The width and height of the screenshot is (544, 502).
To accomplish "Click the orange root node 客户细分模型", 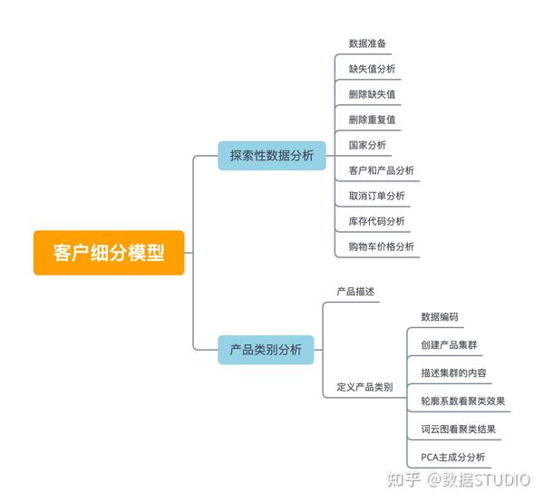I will [x=109, y=253].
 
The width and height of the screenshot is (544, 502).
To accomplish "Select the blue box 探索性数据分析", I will [x=271, y=156].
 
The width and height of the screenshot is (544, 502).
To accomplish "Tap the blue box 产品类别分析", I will [x=266, y=349].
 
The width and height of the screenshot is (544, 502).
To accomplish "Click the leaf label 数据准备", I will [x=368, y=43].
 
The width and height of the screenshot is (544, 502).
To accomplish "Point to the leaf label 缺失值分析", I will [x=372, y=69].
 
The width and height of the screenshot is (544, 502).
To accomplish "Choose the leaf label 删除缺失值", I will [x=372, y=94].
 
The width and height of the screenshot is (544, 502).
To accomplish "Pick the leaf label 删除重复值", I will [x=372, y=120].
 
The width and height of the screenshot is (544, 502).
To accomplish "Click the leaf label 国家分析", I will [x=367, y=145].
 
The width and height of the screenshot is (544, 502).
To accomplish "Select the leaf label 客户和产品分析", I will [x=381, y=170].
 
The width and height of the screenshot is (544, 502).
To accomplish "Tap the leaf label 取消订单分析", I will [x=376, y=196].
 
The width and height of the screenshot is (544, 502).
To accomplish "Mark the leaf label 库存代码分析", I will [x=376, y=221].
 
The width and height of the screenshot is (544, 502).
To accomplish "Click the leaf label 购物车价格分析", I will [x=381, y=246].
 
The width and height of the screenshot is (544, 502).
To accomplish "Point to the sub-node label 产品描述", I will [x=355, y=292].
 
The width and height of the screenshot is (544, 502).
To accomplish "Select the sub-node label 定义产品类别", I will [x=364, y=387].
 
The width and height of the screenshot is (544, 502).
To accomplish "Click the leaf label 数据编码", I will [x=440, y=317].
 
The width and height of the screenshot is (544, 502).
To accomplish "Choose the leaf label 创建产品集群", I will [x=449, y=345].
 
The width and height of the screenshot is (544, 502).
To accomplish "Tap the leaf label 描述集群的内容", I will [x=453, y=373].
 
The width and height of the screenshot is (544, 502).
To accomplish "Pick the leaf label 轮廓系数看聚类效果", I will [x=462, y=401].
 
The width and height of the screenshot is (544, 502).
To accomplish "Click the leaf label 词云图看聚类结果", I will [x=458, y=430].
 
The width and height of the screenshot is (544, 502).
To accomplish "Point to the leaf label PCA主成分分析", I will [x=452, y=458].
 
